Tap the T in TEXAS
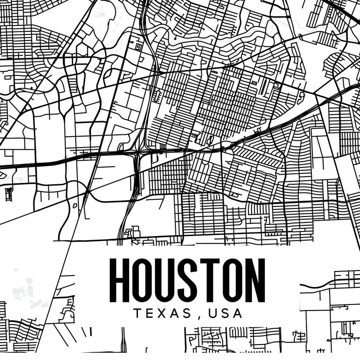(x=137, y=313)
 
